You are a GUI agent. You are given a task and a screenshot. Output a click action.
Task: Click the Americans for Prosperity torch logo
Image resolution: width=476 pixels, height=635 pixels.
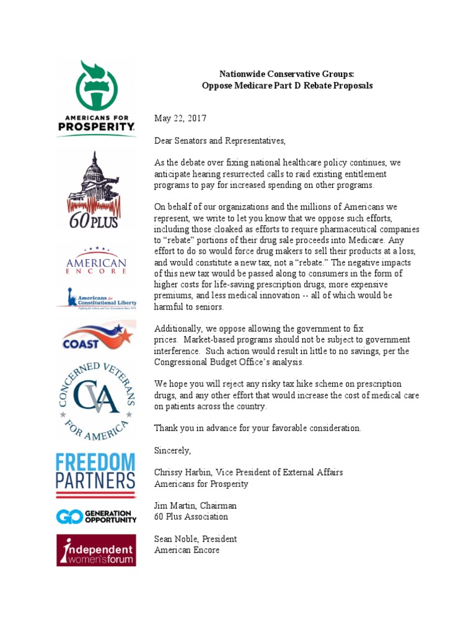point(96,97)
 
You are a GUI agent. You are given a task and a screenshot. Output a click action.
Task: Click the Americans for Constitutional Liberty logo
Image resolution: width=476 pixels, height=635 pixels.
point(96,298)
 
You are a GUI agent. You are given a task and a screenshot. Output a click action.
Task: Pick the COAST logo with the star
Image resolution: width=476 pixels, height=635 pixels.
point(96,337)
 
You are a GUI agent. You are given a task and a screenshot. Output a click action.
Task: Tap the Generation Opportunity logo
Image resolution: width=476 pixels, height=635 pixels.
point(96,516)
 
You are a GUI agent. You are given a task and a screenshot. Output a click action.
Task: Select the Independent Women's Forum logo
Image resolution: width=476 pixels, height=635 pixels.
point(96,549)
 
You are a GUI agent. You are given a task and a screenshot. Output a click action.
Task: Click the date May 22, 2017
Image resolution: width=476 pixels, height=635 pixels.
point(180,118)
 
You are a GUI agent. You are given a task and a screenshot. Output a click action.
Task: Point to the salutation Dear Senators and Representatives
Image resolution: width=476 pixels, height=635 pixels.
point(220,141)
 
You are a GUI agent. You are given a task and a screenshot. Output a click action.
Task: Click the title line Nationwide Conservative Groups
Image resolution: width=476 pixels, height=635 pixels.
point(288,74)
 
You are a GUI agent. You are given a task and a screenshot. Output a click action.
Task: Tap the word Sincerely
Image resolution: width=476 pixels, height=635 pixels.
point(173,450)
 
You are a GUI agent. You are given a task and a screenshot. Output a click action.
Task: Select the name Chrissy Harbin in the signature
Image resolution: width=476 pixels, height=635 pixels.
point(183,473)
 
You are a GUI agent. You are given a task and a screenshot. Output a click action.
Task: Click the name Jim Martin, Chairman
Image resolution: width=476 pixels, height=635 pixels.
point(195,505)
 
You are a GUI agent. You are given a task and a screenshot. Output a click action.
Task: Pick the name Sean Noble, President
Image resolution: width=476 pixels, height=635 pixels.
point(195,539)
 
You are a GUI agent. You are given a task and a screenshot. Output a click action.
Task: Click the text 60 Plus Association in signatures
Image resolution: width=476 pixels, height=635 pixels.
point(191,517)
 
